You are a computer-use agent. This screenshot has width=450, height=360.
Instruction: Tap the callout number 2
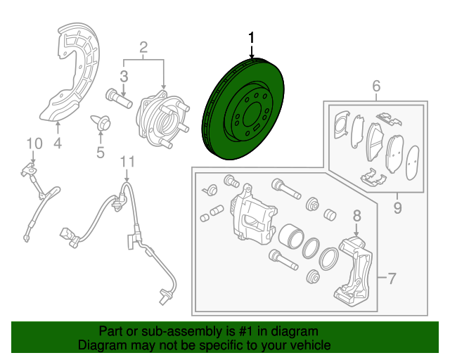[143, 48]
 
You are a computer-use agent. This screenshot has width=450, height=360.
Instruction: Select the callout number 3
[123, 76]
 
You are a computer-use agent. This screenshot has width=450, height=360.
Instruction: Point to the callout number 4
[58, 143]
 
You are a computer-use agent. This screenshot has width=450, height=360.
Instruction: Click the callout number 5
[100, 151]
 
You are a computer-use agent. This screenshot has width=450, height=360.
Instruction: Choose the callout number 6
[376, 86]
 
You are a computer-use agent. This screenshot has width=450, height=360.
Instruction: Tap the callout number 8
[356, 216]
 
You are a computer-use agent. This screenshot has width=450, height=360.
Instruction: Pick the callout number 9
[397, 207]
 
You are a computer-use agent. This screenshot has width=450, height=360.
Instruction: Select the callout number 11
[126, 162]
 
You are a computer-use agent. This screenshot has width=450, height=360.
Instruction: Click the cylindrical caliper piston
[288, 239]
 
